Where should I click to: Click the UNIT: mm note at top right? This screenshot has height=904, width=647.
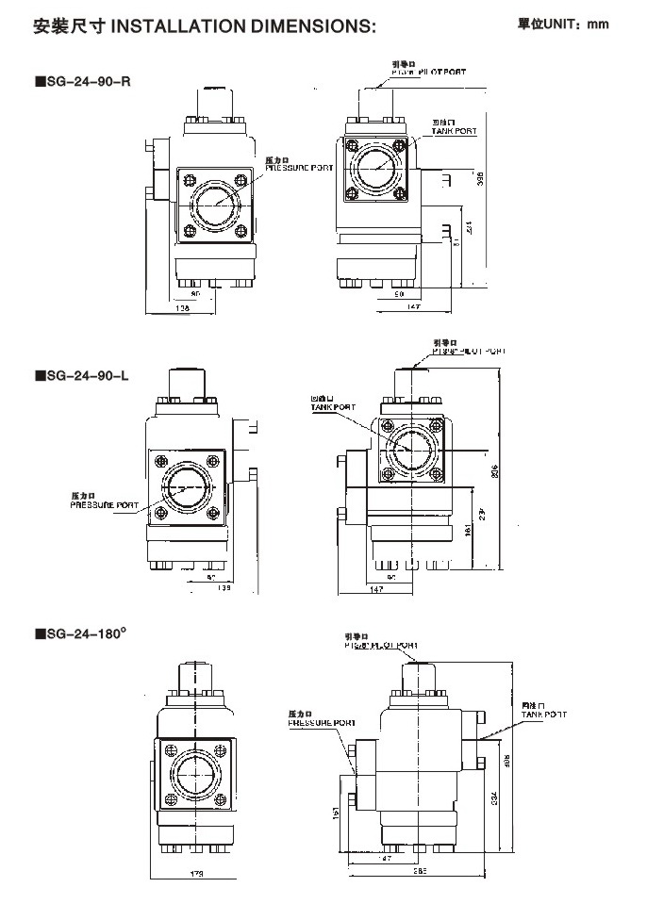pos(563,24)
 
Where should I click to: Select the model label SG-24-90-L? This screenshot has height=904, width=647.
pos(85,375)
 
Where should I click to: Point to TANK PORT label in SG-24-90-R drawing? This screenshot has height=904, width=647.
pos(455,131)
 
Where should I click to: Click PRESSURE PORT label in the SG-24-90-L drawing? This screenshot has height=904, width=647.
pos(104,505)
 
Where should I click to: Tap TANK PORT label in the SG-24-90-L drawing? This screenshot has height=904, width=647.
pos(334,407)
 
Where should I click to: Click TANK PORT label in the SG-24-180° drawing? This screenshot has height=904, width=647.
pos(545,715)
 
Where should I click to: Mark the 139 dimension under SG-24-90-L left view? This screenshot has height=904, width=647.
pos(224,587)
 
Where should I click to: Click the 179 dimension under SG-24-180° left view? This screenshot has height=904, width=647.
pos(196,874)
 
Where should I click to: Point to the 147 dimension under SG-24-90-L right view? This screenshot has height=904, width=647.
pos(375,588)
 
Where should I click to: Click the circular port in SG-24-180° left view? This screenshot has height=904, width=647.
pos(197,775)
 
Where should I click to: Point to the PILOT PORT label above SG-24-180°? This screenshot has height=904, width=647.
pos(380,646)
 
